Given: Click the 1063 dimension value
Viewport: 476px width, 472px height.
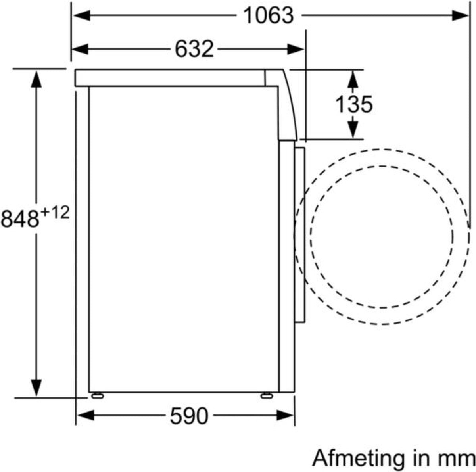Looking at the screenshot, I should [268, 15].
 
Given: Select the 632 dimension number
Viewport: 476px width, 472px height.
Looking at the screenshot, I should [194, 49].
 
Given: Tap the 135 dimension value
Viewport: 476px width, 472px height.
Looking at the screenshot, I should [354, 104].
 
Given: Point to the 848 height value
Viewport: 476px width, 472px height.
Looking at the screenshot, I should [20, 219].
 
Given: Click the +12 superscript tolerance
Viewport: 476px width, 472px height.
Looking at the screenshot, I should [55, 213].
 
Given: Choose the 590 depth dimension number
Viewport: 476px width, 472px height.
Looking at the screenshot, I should [188, 416].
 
